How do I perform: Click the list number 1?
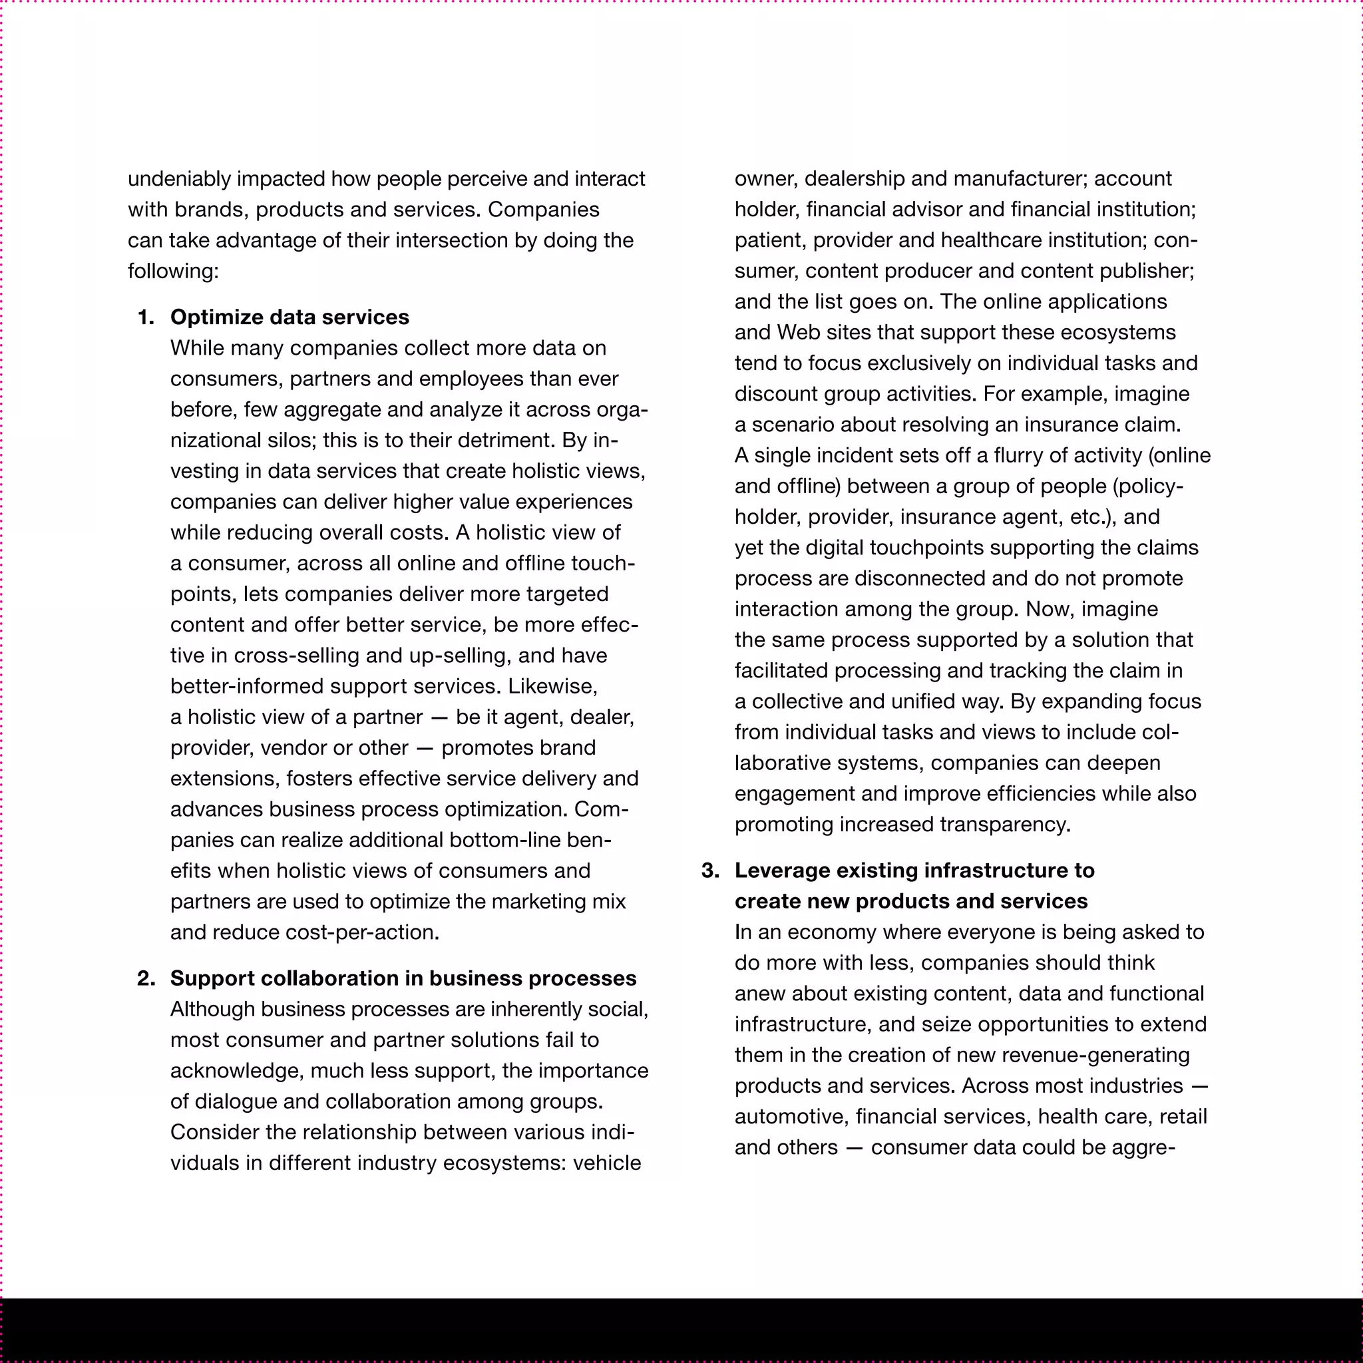click(x=145, y=317)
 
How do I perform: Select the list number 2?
click(x=145, y=978)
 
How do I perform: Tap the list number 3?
click(x=709, y=871)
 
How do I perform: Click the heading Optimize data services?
click(x=290, y=317)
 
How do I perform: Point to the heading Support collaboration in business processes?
click(x=403, y=978)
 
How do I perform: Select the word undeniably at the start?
click(x=179, y=179)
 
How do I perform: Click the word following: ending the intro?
click(x=173, y=272)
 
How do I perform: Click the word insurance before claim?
click(x=1070, y=425)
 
